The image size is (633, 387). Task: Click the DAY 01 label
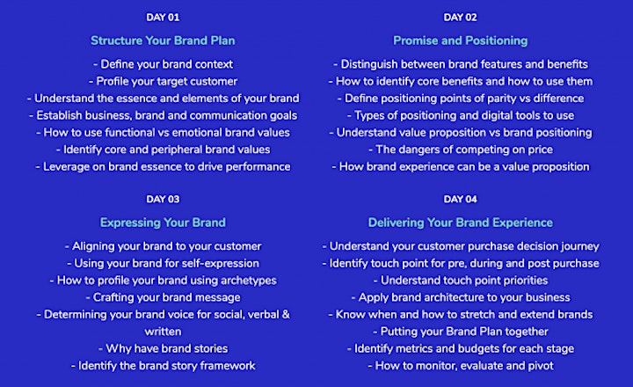(x=163, y=18)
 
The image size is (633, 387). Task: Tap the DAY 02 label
(x=460, y=18)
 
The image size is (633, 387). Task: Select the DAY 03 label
(x=163, y=199)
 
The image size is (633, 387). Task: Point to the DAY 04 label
(x=460, y=199)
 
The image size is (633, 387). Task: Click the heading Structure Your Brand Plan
(x=163, y=40)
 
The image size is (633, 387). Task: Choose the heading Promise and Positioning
(x=460, y=40)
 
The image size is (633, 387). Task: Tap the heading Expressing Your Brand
(x=163, y=223)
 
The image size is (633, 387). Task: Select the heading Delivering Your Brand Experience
(x=460, y=223)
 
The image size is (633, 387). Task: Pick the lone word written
(x=163, y=332)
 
